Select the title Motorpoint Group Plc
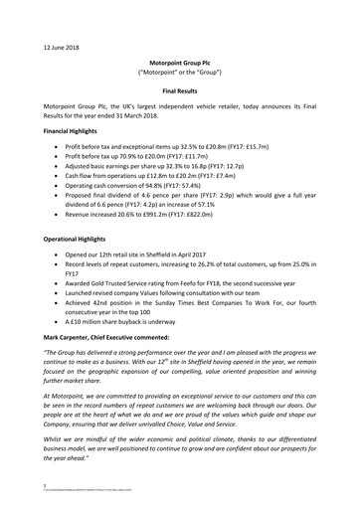[180, 61]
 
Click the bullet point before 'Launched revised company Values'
[68, 295]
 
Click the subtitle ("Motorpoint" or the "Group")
[180, 72]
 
